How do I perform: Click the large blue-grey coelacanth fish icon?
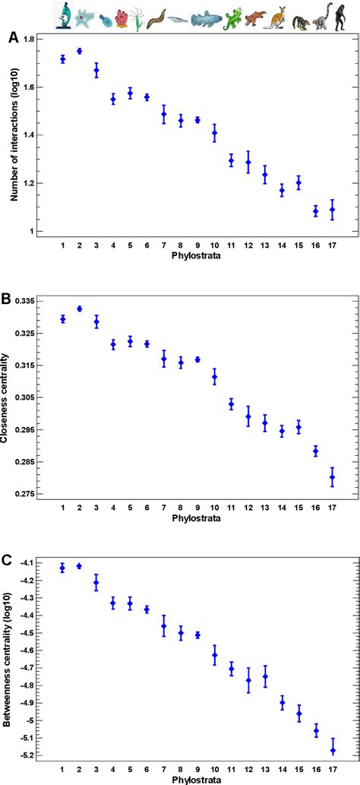coord(207,17)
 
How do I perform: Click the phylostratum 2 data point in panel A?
coord(79,51)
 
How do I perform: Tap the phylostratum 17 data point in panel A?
coord(332,209)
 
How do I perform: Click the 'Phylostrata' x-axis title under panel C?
coord(196,779)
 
